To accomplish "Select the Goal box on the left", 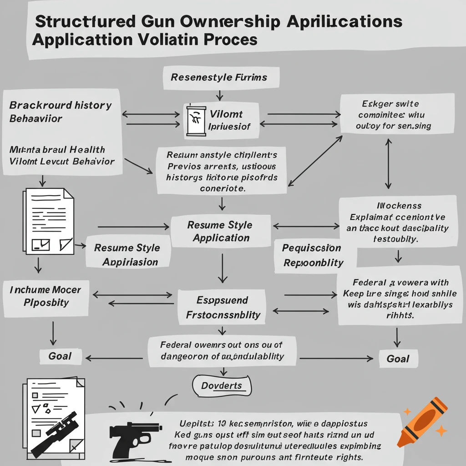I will click(60, 356).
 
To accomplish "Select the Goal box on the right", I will click(398, 359).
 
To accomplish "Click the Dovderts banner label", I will click(222, 386).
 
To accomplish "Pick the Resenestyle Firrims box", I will click(218, 77).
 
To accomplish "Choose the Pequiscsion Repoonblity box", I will click(313, 255).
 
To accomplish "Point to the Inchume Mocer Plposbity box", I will click(46, 296).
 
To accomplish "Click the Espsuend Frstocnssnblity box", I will click(223, 307).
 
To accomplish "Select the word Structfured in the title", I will click(84, 22).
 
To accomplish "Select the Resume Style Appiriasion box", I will click(127, 254).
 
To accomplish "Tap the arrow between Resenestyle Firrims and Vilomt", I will click(219, 95).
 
